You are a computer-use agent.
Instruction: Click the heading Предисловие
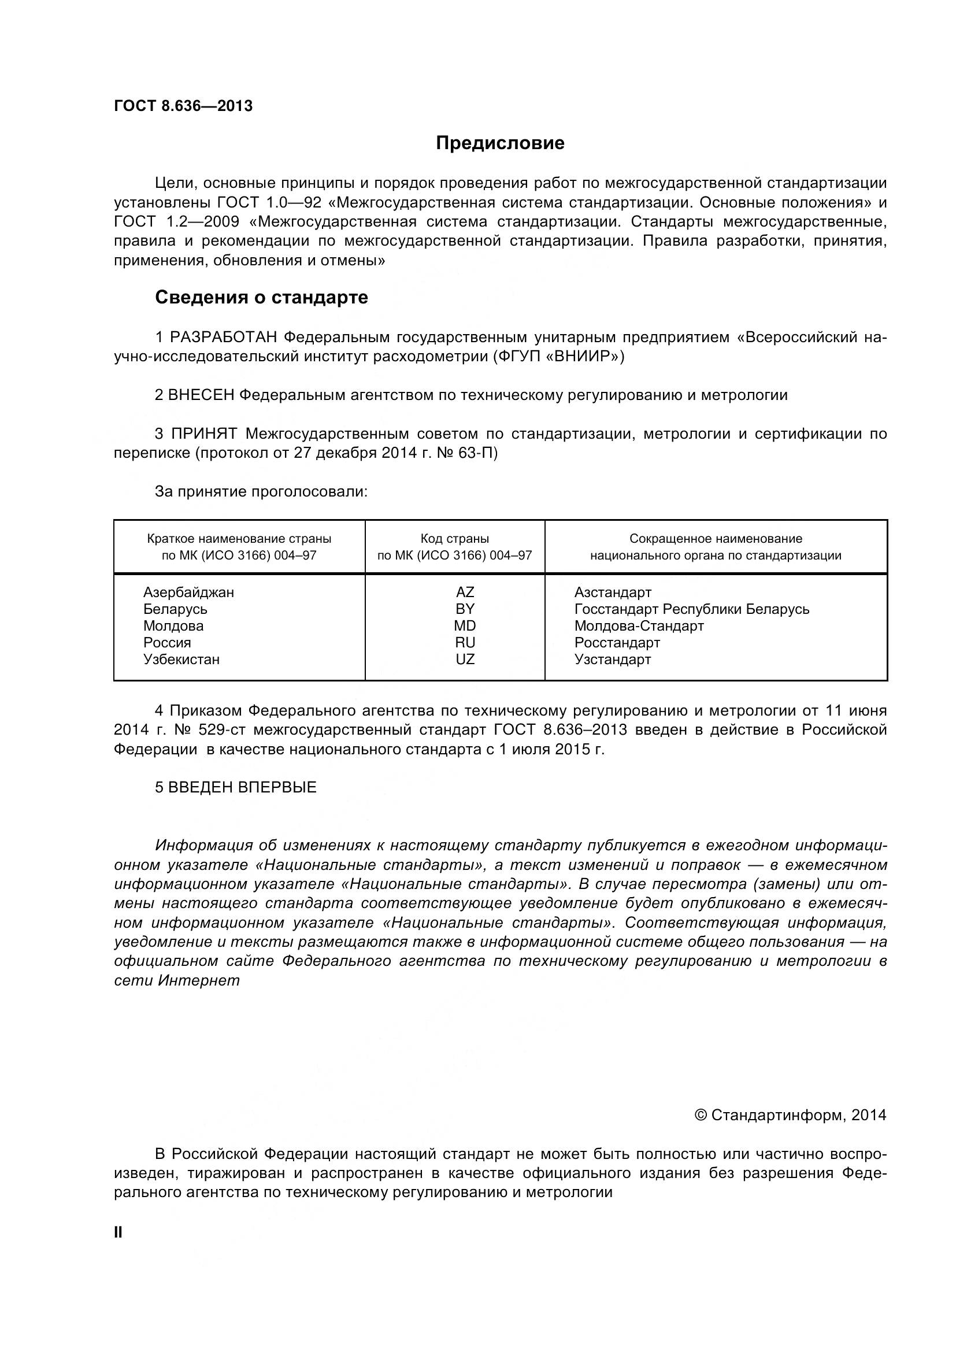point(500,143)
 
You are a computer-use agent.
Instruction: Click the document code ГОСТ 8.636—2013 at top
point(183,106)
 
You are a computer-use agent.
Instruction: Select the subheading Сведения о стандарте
point(261,297)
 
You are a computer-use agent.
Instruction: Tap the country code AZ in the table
point(465,592)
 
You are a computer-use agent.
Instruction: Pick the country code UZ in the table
point(465,659)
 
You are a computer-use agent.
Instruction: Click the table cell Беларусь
point(176,609)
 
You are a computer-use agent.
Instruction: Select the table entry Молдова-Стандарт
point(639,625)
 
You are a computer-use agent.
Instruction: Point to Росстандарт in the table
point(617,642)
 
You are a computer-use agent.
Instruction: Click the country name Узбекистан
point(181,659)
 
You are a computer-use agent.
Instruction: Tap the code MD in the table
point(465,625)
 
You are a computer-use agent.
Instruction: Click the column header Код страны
point(454,538)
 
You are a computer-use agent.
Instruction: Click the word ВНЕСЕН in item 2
point(201,395)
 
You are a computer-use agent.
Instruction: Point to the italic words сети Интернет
point(177,980)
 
